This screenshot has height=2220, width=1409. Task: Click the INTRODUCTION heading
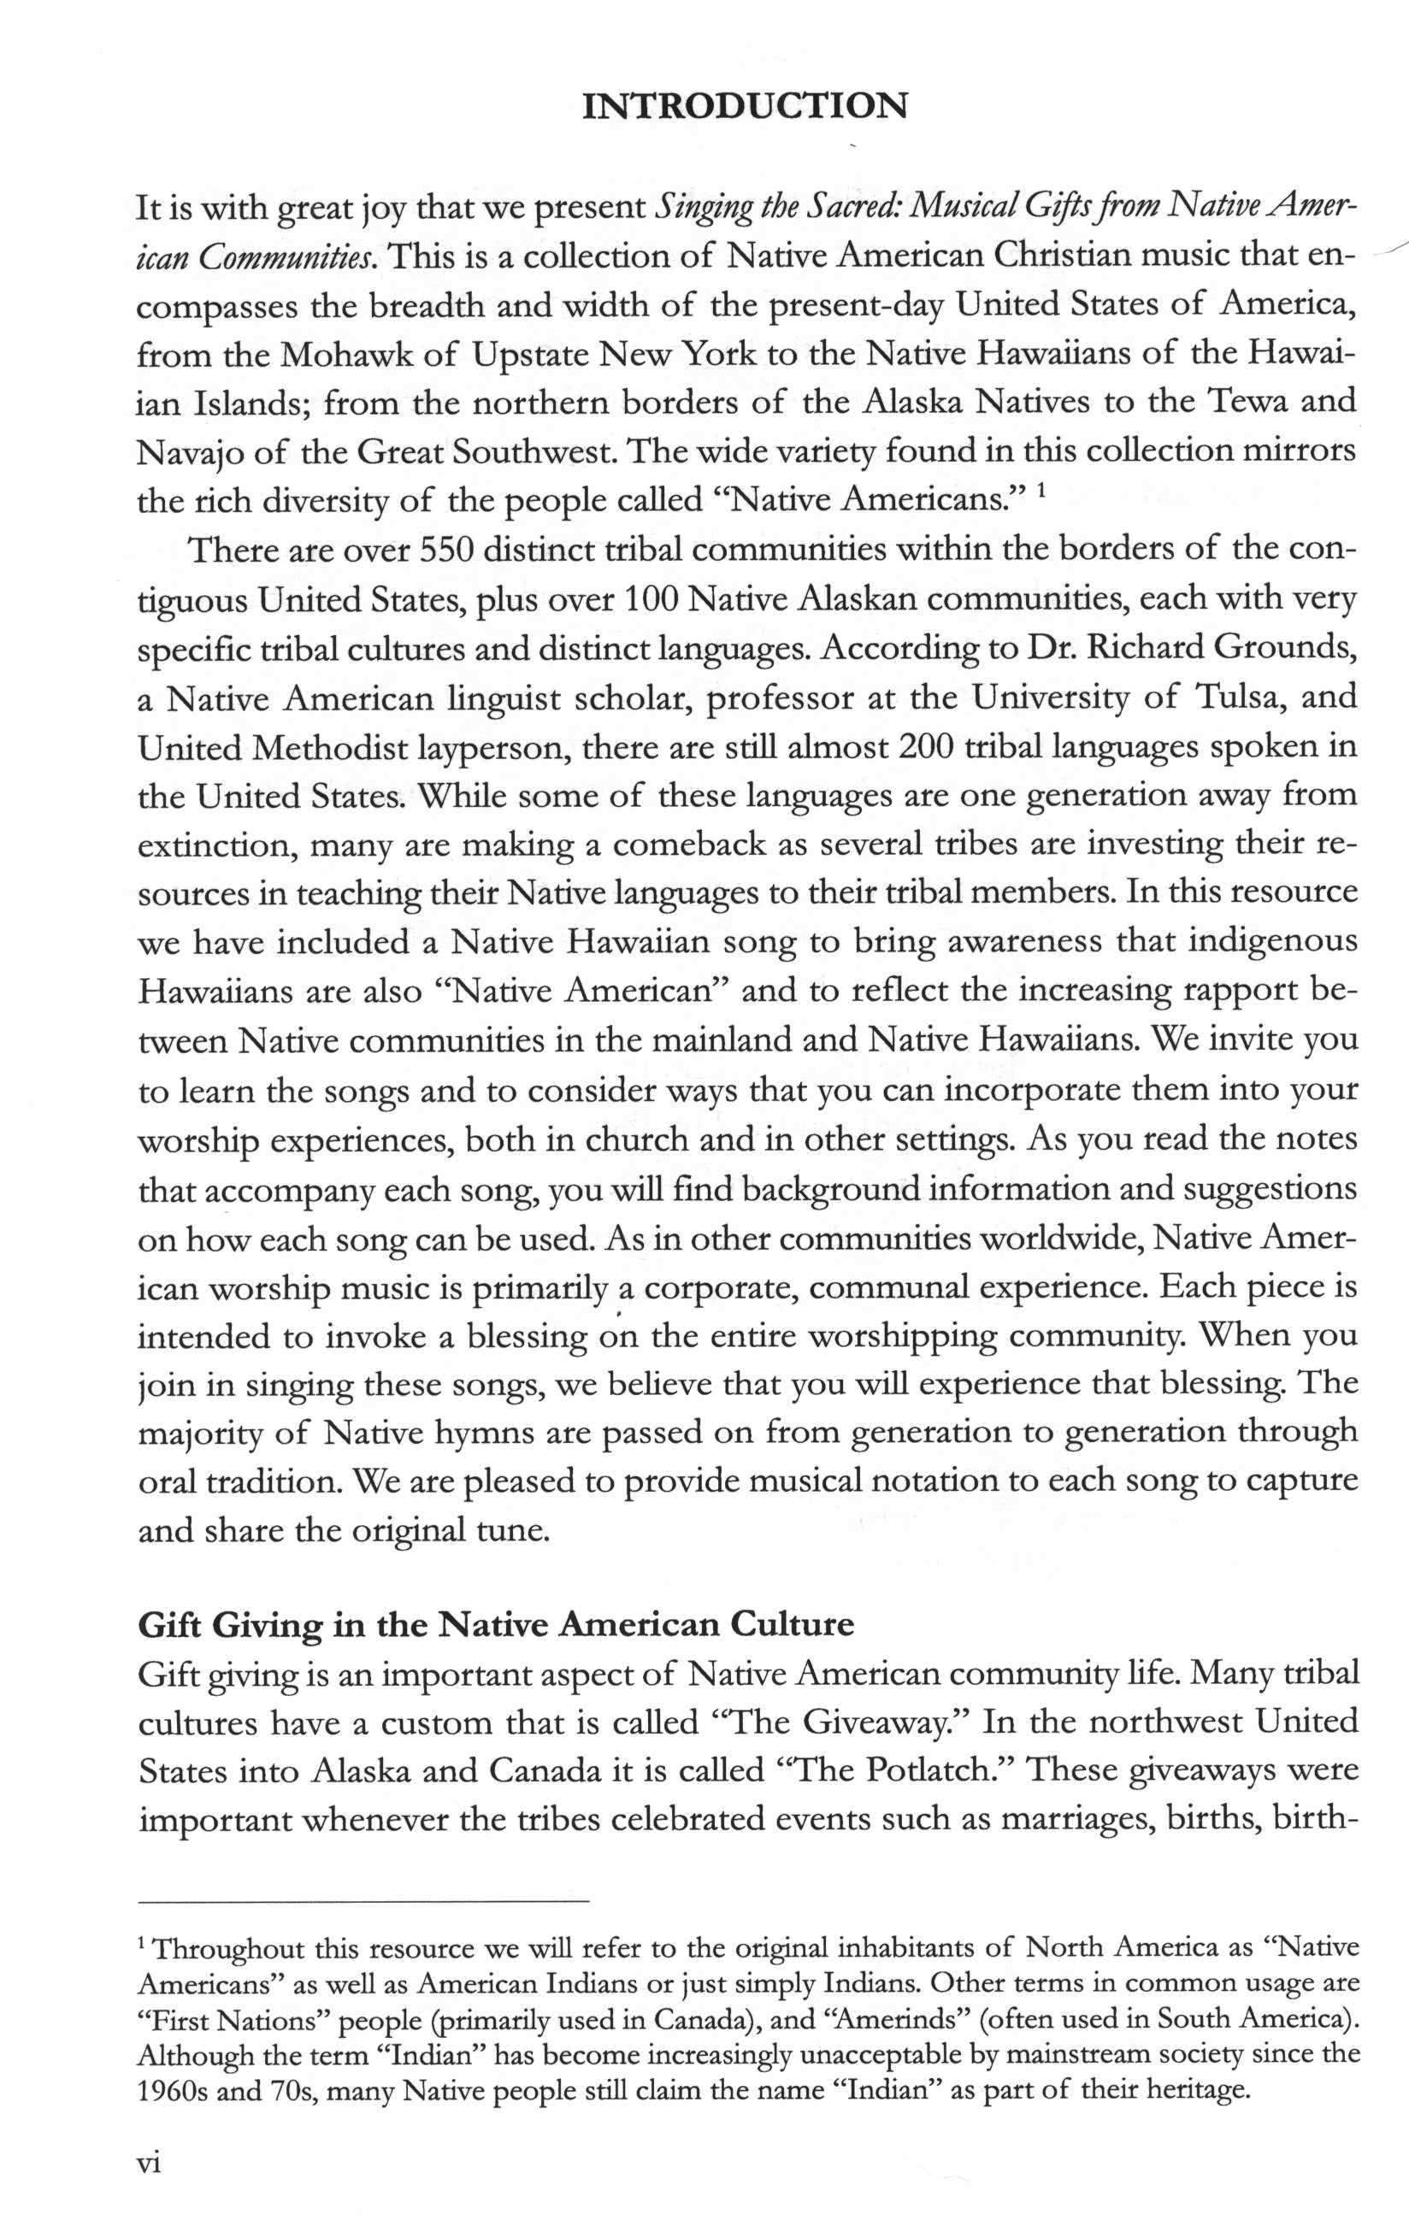click(x=745, y=107)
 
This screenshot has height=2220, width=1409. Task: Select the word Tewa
click(x=1232, y=403)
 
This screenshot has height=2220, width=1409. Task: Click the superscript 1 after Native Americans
click(x=1041, y=492)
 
